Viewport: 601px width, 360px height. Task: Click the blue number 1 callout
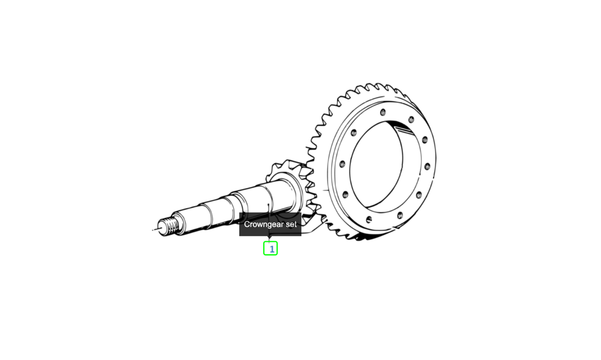click(270, 248)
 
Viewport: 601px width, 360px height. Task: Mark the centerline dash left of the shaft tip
click(153, 230)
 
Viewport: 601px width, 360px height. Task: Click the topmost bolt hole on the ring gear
click(383, 112)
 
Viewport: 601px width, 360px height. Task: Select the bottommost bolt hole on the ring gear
click(369, 219)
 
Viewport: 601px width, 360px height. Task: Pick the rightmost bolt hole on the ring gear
click(427, 166)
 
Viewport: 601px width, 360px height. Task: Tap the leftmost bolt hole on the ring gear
click(342, 164)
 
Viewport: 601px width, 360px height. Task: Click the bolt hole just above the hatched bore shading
click(411, 120)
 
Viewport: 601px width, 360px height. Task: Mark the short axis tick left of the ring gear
click(326, 190)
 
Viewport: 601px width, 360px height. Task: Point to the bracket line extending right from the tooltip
click(311, 230)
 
